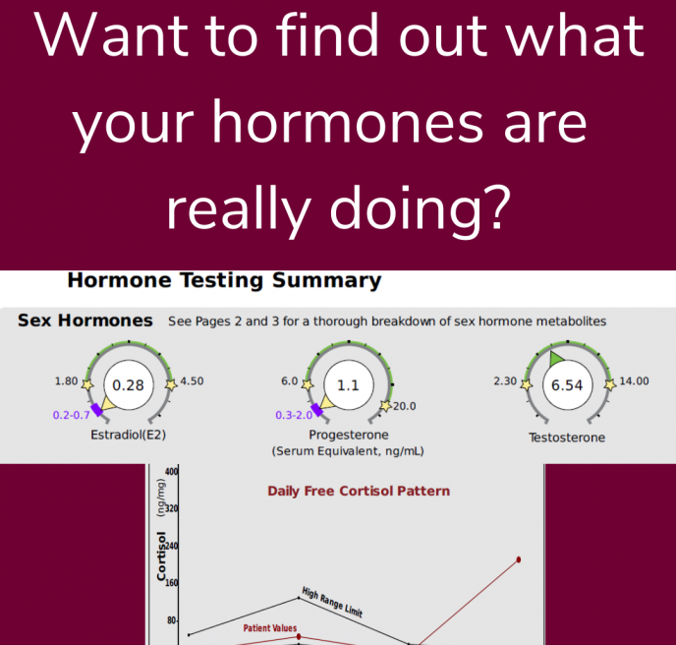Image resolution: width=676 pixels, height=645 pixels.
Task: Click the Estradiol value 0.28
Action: coord(128,384)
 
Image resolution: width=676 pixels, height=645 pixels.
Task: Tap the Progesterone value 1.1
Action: coord(348,384)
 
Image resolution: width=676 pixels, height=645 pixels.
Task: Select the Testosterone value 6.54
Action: coord(567,384)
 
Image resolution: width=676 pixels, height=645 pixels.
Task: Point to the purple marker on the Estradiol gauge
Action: coord(97,409)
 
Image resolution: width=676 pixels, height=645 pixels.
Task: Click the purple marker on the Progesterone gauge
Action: coord(316,409)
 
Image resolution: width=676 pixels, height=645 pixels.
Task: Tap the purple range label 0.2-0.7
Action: coord(71,415)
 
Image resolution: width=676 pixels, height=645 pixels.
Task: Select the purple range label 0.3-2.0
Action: coord(294,415)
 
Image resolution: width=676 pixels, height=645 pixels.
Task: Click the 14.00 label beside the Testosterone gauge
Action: coord(634,381)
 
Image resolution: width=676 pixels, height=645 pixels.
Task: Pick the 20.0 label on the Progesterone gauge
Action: coord(404,406)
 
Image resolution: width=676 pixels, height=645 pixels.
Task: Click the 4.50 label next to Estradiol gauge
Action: coord(192,381)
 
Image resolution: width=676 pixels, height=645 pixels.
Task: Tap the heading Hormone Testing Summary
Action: coord(225,280)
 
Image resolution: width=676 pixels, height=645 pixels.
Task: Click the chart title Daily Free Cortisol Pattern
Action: coord(359,491)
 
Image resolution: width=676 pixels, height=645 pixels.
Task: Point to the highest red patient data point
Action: coord(518,559)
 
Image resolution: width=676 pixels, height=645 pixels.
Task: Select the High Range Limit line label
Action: coord(332,603)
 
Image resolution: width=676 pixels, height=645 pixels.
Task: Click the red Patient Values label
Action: coord(270,628)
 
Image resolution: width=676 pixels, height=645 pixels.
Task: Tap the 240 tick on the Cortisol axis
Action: coord(172,547)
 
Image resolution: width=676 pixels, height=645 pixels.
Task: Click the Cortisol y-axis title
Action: coord(161,556)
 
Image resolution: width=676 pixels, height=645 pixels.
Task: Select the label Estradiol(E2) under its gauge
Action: coord(128,435)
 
